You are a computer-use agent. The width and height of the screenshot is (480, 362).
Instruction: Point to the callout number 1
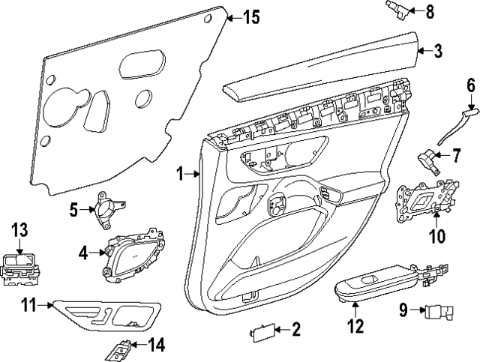(180, 174)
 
